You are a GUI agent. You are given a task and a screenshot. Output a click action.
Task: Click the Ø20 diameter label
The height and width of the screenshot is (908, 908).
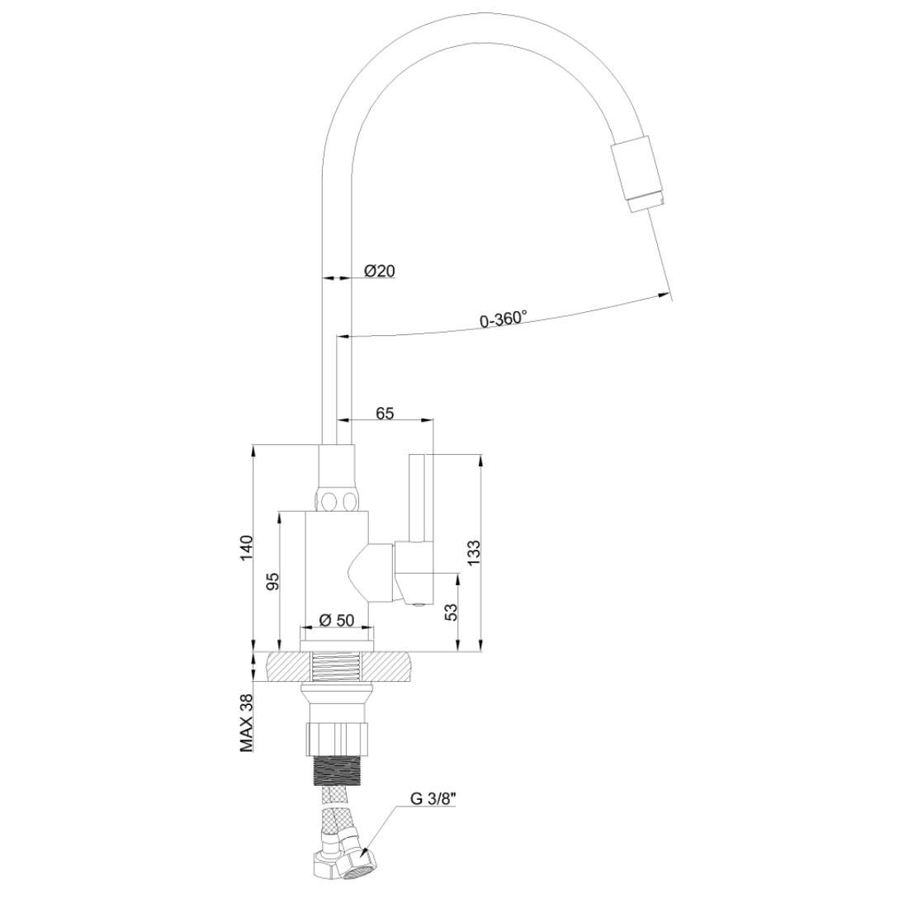380,271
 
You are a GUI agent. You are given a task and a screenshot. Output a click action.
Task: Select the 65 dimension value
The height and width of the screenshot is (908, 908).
385,413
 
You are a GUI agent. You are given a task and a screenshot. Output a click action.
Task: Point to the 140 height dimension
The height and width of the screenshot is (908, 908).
247,548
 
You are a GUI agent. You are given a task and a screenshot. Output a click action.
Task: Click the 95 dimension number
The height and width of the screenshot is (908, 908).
272,581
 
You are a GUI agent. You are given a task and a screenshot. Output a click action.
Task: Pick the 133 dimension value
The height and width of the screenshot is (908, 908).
473,553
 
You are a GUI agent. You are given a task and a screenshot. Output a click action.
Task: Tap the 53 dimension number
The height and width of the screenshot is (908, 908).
451,612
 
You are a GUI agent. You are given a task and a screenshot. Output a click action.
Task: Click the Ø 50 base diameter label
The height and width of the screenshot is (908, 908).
337,620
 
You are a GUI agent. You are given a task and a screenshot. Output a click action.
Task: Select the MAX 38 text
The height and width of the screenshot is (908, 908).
248,723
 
